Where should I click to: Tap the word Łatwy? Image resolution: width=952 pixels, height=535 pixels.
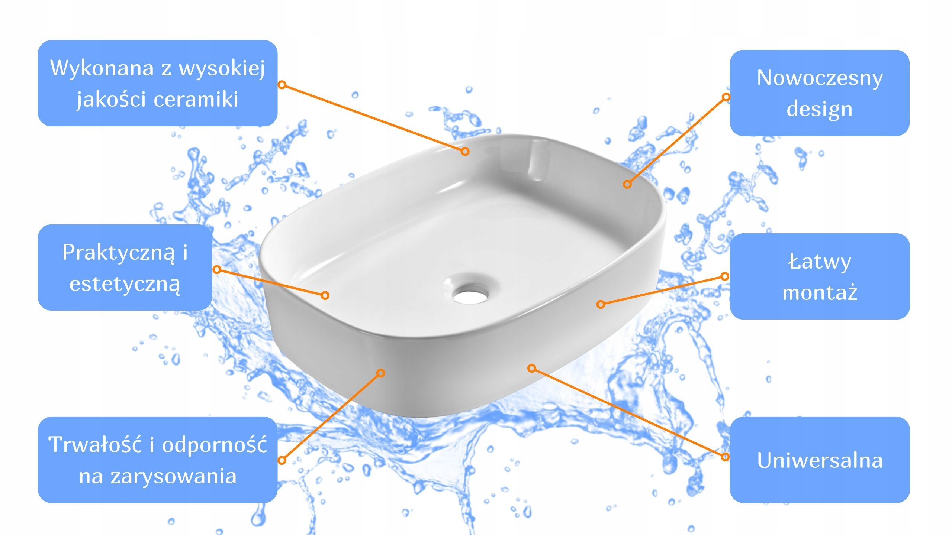coord(819,262)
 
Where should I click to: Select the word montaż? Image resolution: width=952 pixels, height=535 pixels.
coord(820,292)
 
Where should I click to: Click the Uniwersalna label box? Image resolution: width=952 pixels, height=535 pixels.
coord(820,460)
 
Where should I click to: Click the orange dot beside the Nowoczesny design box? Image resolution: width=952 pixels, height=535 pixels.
coord(726,97)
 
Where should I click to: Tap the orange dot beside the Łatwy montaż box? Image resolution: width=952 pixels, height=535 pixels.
coord(724,276)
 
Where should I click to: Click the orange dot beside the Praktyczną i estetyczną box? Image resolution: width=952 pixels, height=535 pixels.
coord(217,269)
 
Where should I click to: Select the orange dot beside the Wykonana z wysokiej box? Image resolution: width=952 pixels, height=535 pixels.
coord(282,85)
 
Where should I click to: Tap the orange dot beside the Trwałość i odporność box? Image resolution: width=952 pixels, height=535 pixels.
coord(282,460)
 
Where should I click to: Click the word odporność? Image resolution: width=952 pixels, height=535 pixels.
coord(214,445)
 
